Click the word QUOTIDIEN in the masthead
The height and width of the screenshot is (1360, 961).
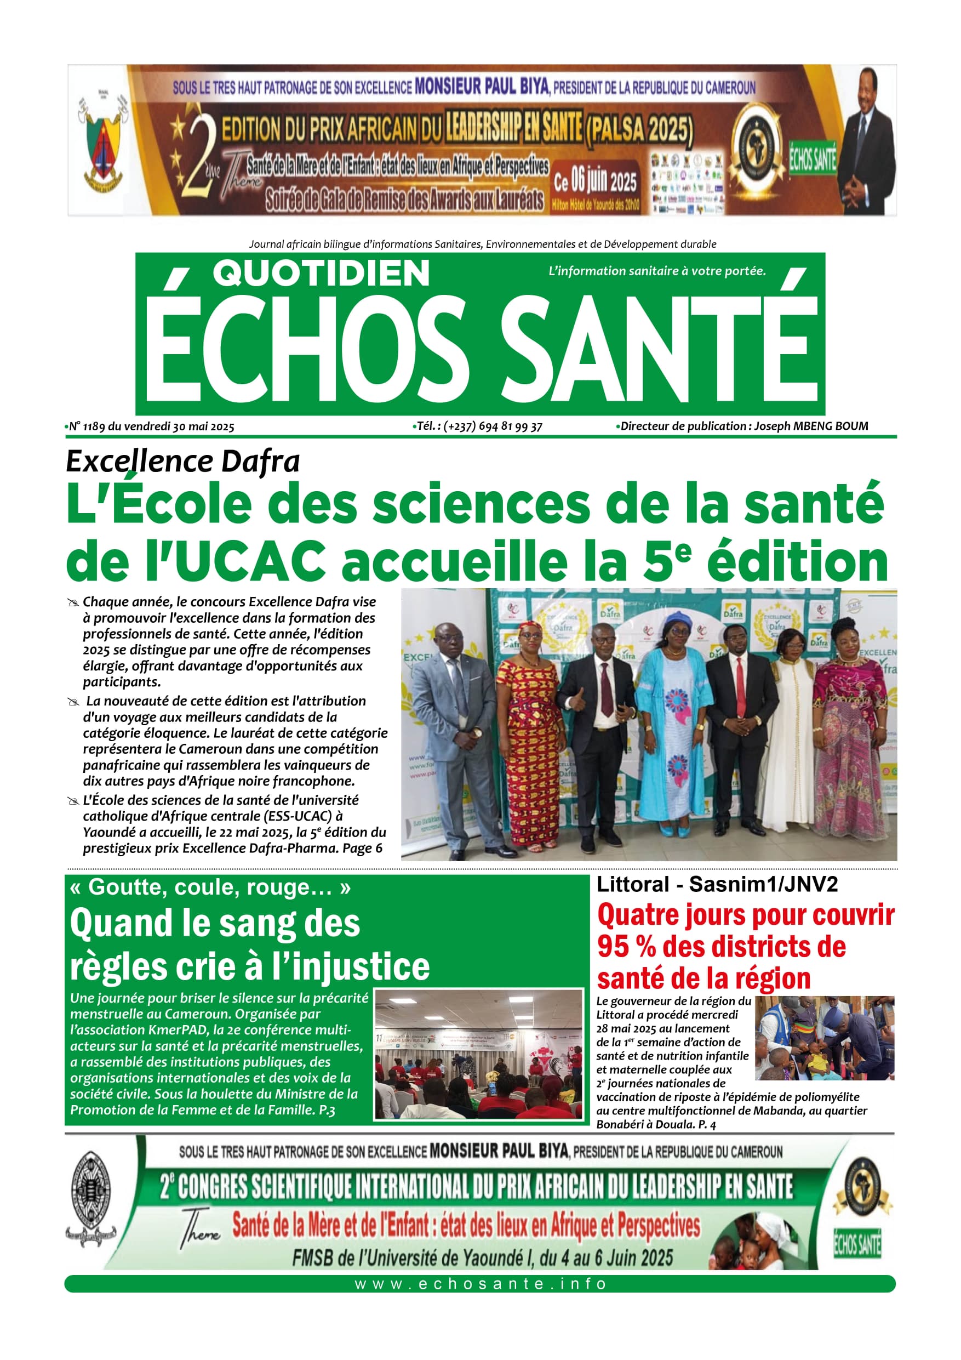pos(321,274)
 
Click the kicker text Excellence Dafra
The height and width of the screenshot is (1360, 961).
pos(182,462)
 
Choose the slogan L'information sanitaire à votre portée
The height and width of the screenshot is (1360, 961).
pos(657,271)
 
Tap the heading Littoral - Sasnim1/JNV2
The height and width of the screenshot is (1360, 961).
pos(717,884)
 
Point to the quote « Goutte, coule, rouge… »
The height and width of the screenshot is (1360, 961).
pos(210,887)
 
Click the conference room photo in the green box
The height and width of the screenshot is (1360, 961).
pos(478,1054)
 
